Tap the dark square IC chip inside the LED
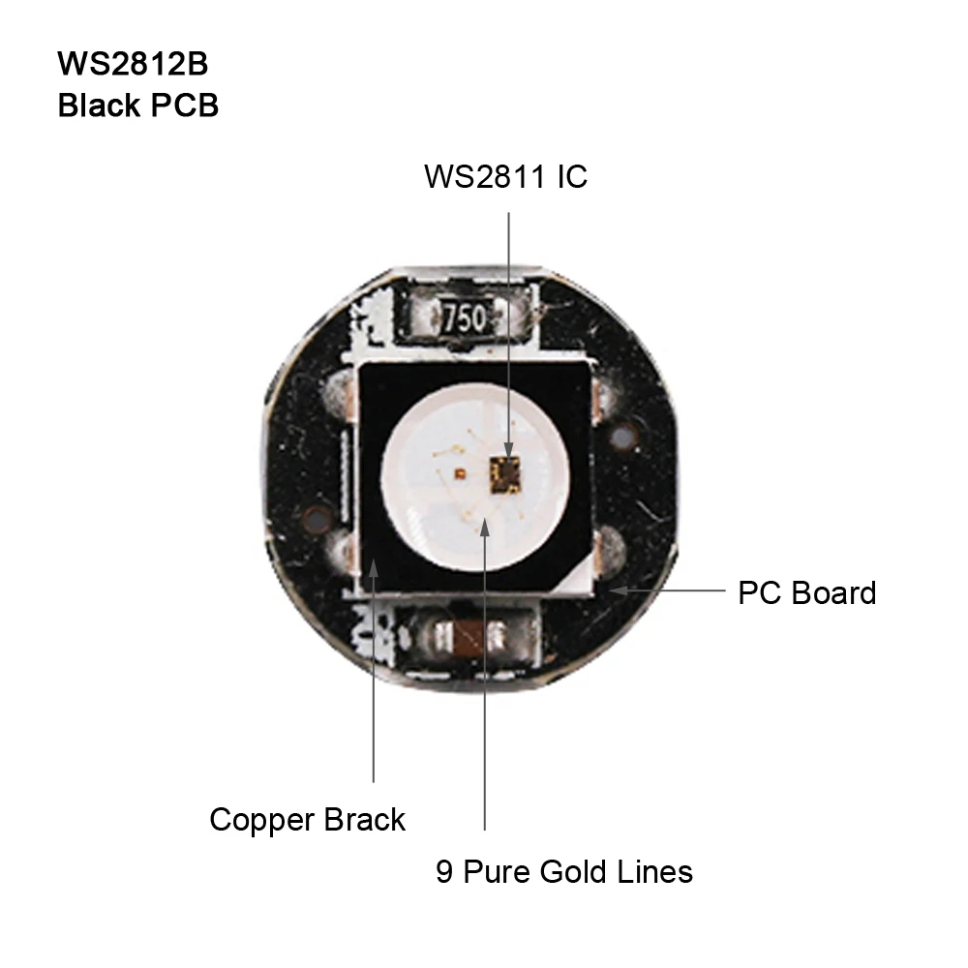click(x=505, y=471)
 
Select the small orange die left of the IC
click(x=459, y=471)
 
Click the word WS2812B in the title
click(x=132, y=64)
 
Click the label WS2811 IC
click(x=505, y=178)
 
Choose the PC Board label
click(x=806, y=592)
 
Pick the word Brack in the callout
click(x=364, y=820)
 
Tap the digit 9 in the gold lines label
click(x=444, y=872)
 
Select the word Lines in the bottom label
click(x=656, y=872)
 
